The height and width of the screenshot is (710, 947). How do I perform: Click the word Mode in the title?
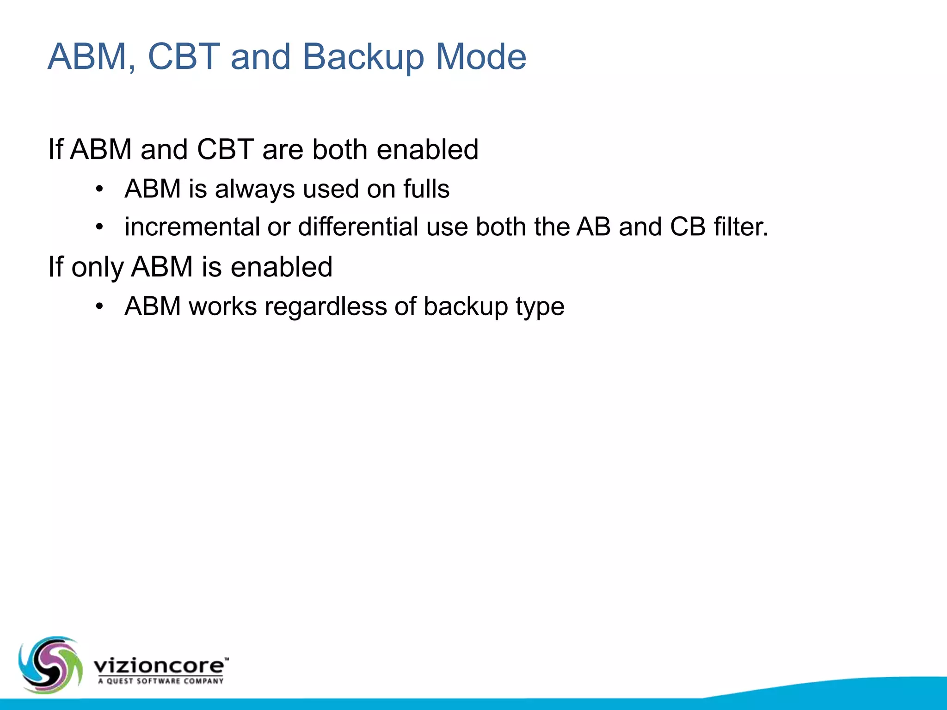pyautogui.click(x=480, y=57)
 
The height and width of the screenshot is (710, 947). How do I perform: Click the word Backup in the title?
pyautogui.click(x=363, y=57)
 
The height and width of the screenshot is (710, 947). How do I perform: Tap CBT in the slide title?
pyautogui.click(x=184, y=57)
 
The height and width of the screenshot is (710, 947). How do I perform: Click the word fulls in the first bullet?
pyautogui.click(x=426, y=189)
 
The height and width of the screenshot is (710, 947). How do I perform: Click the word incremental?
pyautogui.click(x=192, y=227)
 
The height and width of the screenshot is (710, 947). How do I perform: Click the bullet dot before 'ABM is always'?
pyautogui.click(x=99, y=189)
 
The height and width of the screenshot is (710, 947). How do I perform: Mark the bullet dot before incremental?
pyautogui.click(x=99, y=227)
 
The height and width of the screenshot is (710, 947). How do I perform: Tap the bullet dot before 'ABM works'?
pyautogui.click(x=99, y=306)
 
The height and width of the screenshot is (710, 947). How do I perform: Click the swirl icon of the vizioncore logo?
pyautogui.click(x=50, y=665)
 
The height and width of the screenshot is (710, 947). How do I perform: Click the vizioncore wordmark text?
pyautogui.click(x=160, y=666)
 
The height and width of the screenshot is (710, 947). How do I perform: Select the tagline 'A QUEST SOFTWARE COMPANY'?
pyautogui.click(x=160, y=681)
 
